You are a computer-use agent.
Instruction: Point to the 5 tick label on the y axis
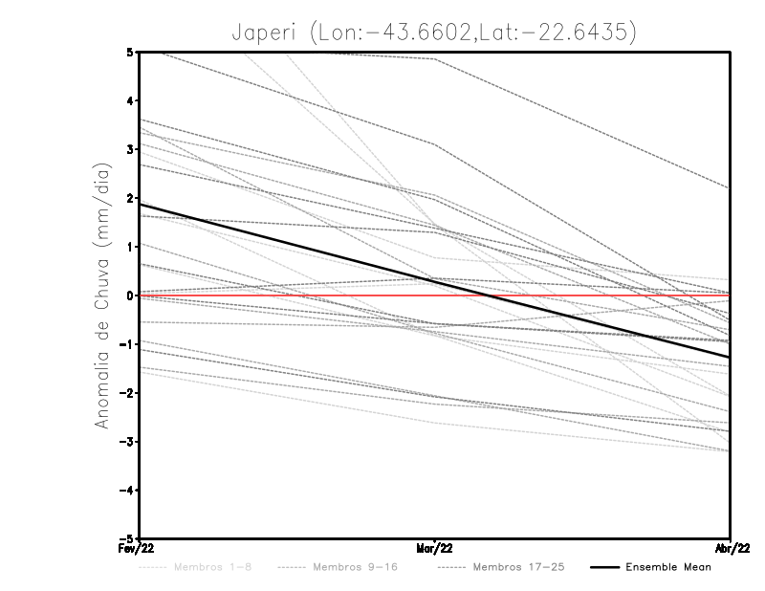tap(130, 52)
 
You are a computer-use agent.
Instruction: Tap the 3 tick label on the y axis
tap(130, 149)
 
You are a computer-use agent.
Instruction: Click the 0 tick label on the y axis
tap(130, 295)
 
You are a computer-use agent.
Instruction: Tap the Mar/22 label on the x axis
tap(434, 550)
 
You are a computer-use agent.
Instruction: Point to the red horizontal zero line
tap(574, 295)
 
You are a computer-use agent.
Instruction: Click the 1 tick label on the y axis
tap(130, 247)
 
